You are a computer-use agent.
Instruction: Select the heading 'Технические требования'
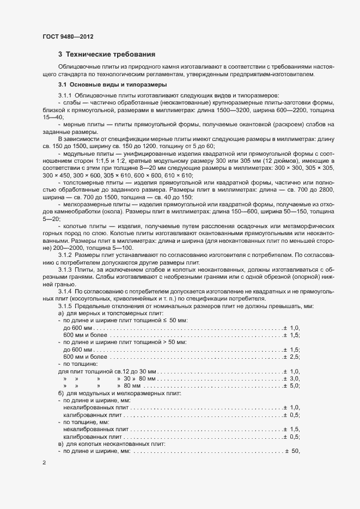tap(111, 54)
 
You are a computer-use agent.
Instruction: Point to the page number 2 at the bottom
tap(44, 463)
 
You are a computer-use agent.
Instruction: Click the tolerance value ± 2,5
tap(291, 356)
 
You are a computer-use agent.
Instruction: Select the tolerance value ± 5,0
tap(291, 385)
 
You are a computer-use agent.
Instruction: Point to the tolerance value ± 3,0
tap(291, 378)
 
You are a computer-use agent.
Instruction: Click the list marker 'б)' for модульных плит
tap(61, 393)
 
